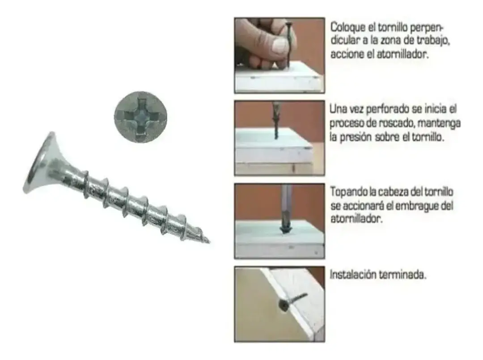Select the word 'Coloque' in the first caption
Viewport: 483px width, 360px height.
coord(347,27)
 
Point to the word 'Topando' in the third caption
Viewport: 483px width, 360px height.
coord(347,192)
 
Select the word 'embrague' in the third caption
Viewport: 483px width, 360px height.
coord(420,206)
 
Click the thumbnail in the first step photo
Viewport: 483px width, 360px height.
coord(280,45)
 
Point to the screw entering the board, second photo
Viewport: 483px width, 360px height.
coord(275,123)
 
